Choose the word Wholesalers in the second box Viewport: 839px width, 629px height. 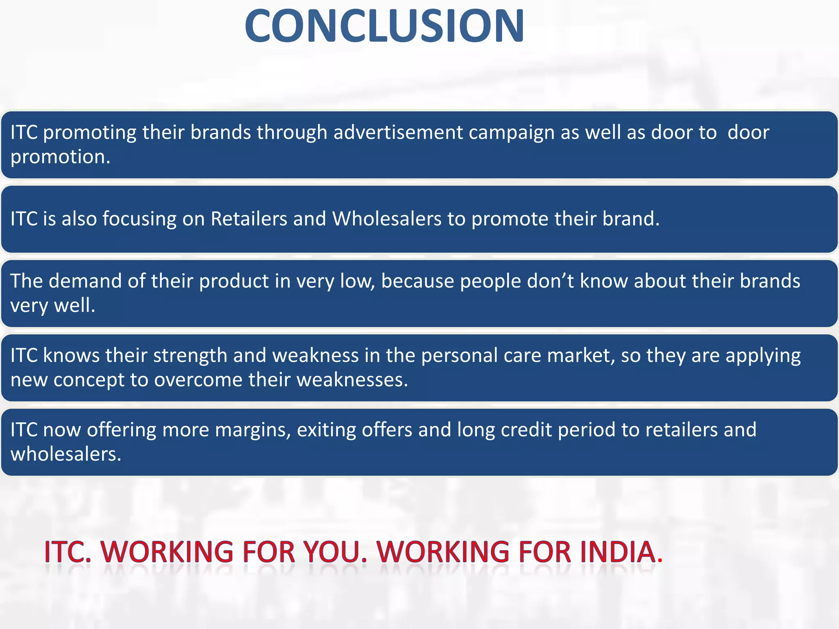387,219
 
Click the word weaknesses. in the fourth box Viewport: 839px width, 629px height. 352,380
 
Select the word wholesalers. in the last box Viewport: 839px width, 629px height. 66,455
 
